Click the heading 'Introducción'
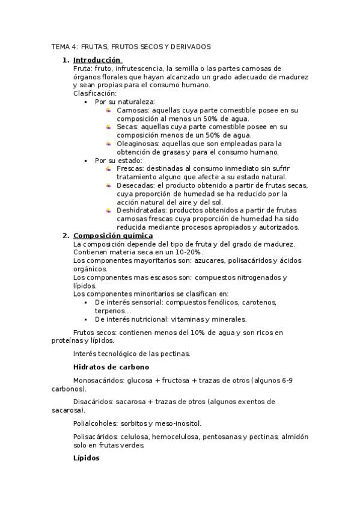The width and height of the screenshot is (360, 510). coord(97,60)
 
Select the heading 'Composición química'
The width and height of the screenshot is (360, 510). coord(112,236)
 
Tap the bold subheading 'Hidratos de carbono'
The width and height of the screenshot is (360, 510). coord(111,367)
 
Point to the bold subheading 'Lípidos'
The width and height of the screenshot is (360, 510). coord(86,458)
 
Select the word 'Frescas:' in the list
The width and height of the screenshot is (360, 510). coord(130,169)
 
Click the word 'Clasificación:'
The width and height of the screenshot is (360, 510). coord(95,94)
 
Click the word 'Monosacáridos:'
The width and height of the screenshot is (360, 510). coord(100,381)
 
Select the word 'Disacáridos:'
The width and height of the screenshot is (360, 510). coord(93,402)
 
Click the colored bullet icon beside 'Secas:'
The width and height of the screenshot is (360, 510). coord(108,127)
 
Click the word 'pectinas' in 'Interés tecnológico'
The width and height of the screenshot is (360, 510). coord(176,354)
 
